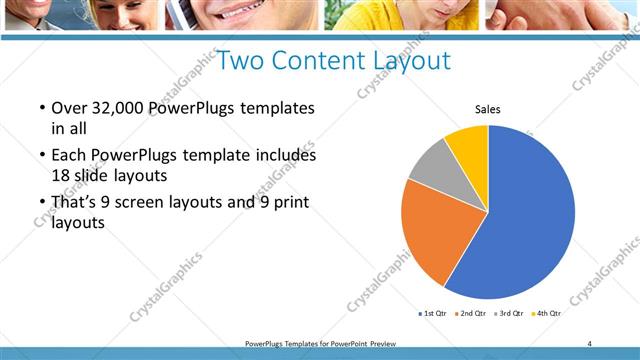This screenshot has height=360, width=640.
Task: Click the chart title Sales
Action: [x=487, y=109]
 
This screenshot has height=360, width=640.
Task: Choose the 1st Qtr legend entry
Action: [x=433, y=313]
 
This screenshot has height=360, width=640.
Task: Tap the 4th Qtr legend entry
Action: [x=546, y=313]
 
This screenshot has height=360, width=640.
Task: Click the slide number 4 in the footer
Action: [x=589, y=343]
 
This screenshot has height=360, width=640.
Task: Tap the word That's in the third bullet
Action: [x=76, y=203]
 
